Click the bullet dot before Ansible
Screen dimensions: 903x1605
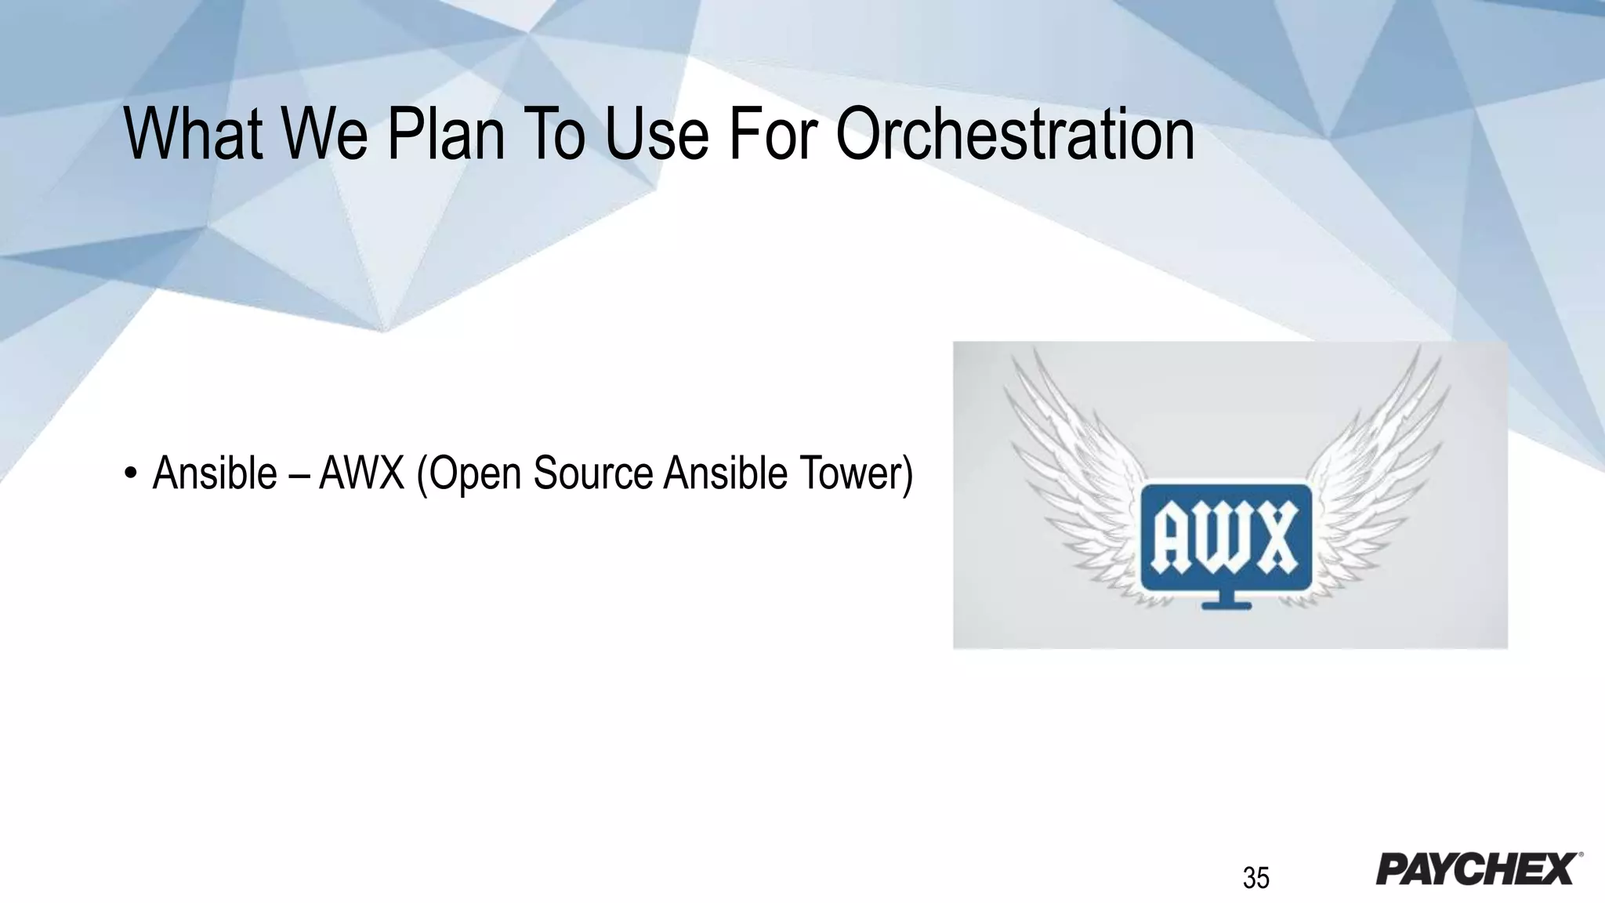click(131, 476)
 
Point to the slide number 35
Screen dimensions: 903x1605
click(1255, 878)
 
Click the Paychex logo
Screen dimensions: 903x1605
click(1478, 869)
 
